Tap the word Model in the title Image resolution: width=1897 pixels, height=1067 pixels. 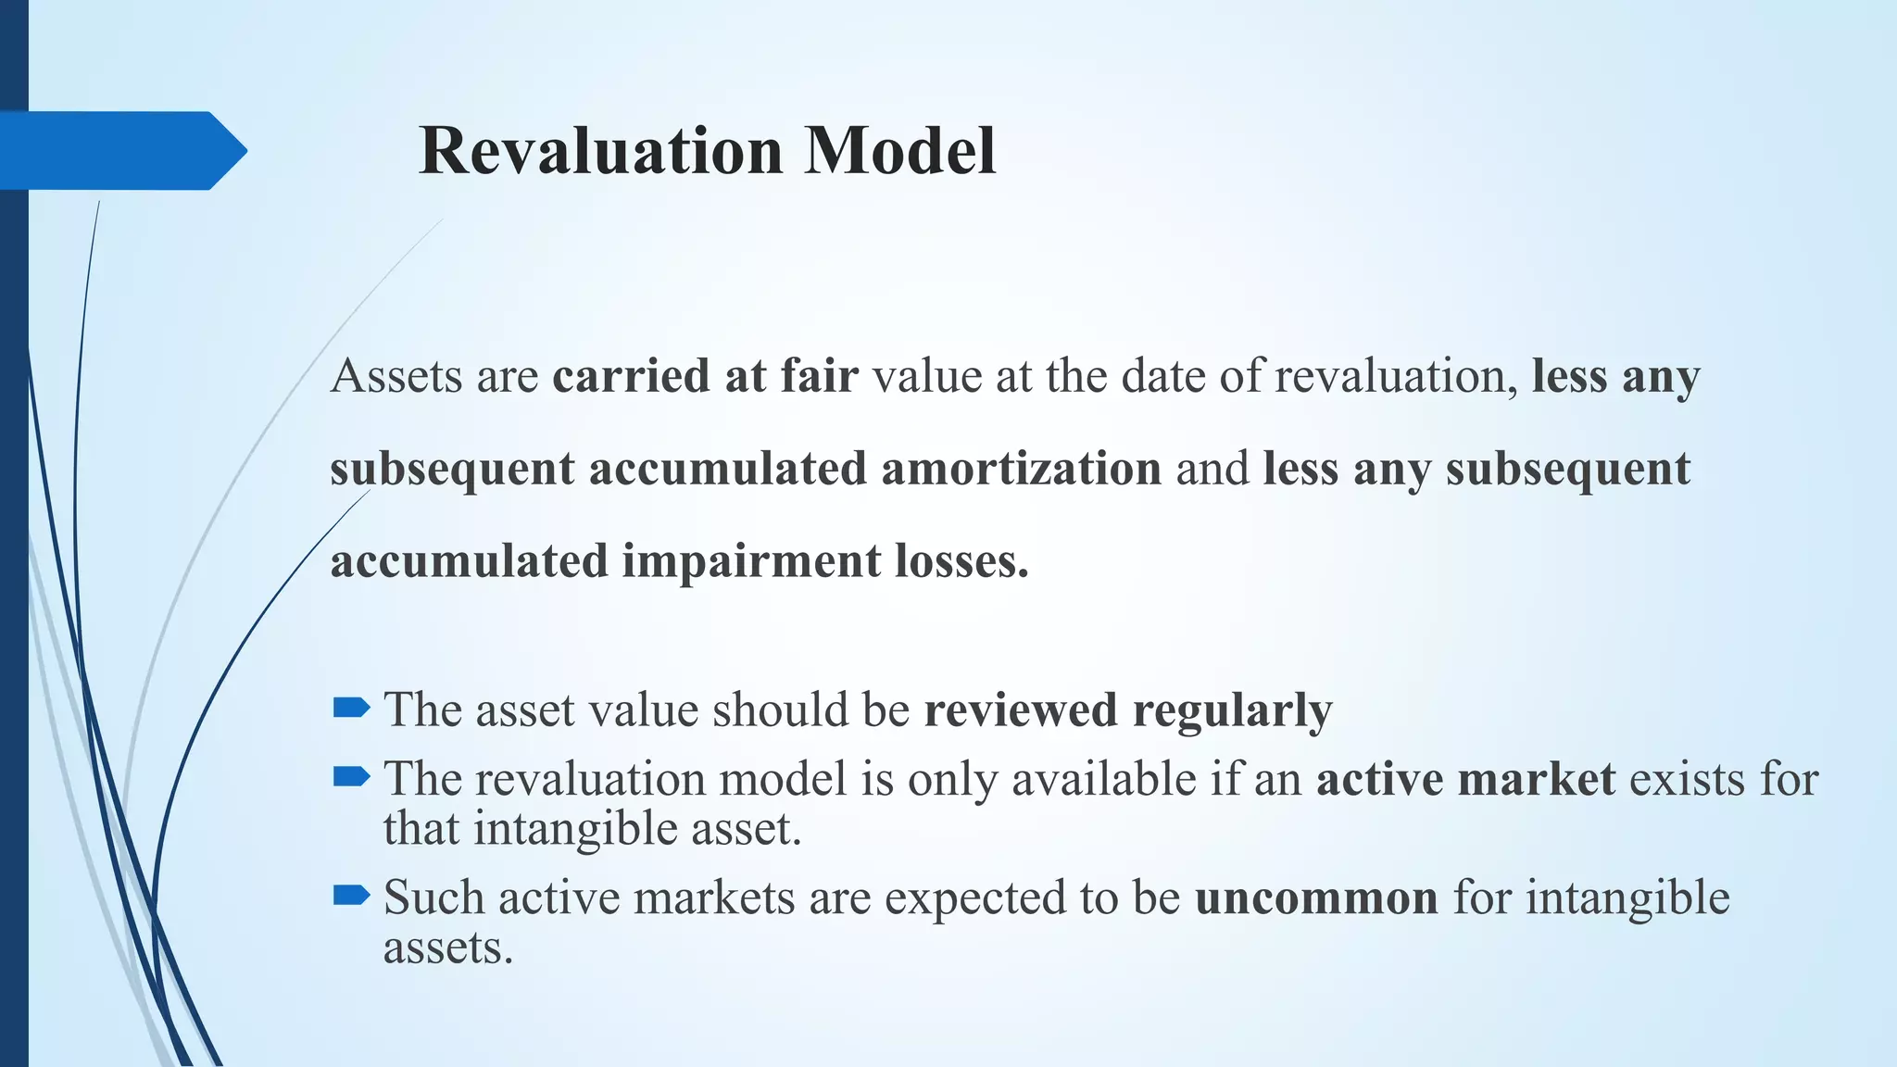pyautogui.click(x=899, y=151)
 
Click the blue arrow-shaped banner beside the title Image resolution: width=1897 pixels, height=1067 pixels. pyautogui.click(x=120, y=151)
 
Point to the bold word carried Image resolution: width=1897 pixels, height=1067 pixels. pyautogui.click(x=631, y=376)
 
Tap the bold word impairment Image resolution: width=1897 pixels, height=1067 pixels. pyautogui.click(x=751, y=561)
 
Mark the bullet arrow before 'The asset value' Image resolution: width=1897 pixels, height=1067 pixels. pyautogui.click(x=351, y=709)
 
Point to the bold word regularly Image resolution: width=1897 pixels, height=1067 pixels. pyautogui.click(x=1232, y=711)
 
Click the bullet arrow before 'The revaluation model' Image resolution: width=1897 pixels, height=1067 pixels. pyautogui.click(x=351, y=777)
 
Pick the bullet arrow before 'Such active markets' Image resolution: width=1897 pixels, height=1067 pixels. pyautogui.click(x=351, y=896)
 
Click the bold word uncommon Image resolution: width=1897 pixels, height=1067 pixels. pyautogui.click(x=1316, y=898)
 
